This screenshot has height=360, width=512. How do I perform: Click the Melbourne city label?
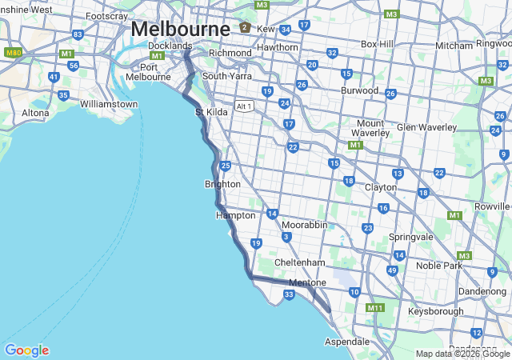point(181,28)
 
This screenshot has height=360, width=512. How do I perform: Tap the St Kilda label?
point(212,112)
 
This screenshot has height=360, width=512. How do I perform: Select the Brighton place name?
point(222,184)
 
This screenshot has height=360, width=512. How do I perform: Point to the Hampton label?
point(236,215)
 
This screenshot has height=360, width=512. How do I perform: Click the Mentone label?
point(307,282)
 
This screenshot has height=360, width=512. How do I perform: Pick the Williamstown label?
point(109,104)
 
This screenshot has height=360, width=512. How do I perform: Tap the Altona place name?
point(35,113)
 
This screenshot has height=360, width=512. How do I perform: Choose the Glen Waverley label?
point(426,127)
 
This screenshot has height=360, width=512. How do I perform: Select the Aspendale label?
point(347,341)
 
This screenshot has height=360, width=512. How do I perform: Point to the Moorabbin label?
point(304,225)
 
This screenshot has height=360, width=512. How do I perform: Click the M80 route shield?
point(13,52)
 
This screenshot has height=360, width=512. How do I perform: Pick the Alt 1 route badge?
point(244,106)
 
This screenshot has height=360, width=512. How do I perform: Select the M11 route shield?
point(375,307)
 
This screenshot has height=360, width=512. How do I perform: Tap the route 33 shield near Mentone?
point(289,295)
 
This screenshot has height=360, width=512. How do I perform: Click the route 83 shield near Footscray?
point(78,34)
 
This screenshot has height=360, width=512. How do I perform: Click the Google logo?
point(26,350)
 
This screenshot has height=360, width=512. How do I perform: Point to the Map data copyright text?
point(462,354)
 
